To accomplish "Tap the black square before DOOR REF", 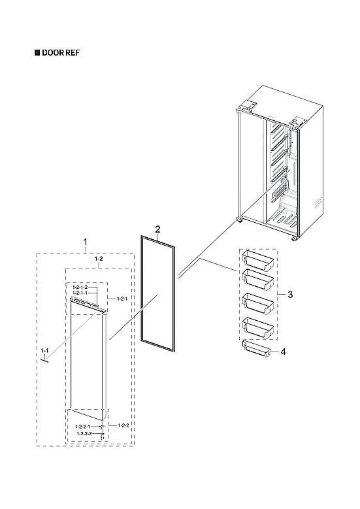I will pos(37,52).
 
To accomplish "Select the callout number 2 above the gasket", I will pos(157,229).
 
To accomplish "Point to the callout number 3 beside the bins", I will pos(289,295).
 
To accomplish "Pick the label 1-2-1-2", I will pos(80,287).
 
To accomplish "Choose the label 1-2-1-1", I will pos(80,293).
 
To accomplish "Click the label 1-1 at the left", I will pos(44,352).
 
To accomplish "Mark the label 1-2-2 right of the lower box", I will pos(123,425).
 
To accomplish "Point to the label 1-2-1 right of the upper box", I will pos(121,298).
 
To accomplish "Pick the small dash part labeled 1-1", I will pos(47,363).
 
